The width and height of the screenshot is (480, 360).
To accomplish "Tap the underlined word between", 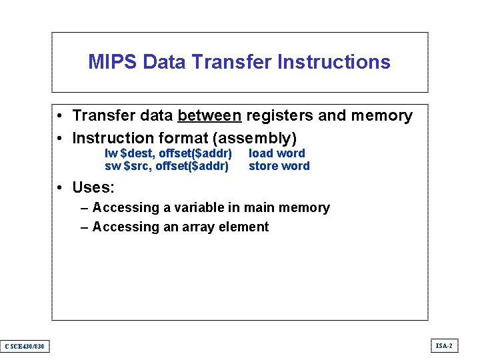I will pyautogui.click(x=209, y=116).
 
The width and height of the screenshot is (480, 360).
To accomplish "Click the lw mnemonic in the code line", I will pyautogui.click(x=111, y=153).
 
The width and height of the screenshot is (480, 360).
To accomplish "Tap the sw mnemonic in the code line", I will pyautogui.click(x=113, y=166).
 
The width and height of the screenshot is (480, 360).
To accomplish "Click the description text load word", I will pyautogui.click(x=277, y=153).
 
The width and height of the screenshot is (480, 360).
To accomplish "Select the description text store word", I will pyautogui.click(x=279, y=166).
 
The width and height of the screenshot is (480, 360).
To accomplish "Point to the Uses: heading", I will pyautogui.click(x=93, y=187).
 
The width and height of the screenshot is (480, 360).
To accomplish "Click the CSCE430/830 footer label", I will pyautogui.click(x=25, y=346).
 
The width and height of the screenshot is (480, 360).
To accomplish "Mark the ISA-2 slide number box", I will pyautogui.click(x=444, y=345).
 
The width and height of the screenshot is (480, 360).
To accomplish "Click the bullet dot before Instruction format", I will pyautogui.click(x=60, y=139).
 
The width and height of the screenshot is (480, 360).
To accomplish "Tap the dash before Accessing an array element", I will pyautogui.click(x=84, y=227).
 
